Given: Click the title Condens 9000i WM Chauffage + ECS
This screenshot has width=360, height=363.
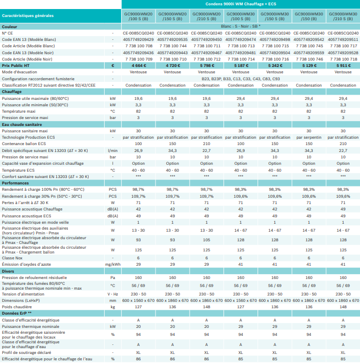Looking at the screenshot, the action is (241, 4).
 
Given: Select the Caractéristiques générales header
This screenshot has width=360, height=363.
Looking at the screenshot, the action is (28, 16).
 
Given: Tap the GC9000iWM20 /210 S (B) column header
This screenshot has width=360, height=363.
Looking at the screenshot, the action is (207, 16).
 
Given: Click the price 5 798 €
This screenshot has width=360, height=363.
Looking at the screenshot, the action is (207, 66).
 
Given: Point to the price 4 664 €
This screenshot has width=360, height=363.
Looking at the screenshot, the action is (138, 66).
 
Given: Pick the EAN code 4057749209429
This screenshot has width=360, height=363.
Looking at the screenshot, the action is (138, 39).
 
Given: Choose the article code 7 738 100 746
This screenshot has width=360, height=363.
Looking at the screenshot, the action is (309, 60).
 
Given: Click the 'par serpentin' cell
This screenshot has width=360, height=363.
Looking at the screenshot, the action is (309, 137).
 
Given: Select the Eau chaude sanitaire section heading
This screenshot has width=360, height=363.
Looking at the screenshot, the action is (22, 124).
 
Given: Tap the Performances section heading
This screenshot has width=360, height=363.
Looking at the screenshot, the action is (15, 183).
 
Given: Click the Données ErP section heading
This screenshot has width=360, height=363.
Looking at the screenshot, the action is (16, 314).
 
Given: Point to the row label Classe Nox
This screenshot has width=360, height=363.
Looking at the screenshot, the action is (12, 258).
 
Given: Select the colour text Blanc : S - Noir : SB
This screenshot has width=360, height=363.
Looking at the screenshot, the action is (241, 27).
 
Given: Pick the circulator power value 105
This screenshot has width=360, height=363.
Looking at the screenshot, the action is (207, 240).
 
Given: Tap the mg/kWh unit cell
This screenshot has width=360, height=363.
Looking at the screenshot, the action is (113, 264).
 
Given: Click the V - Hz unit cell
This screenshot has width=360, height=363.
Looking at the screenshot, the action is (113, 294).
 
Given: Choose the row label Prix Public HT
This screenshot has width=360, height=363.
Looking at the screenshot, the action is (16, 66).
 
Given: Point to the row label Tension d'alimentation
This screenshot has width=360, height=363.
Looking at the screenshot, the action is (23, 294).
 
